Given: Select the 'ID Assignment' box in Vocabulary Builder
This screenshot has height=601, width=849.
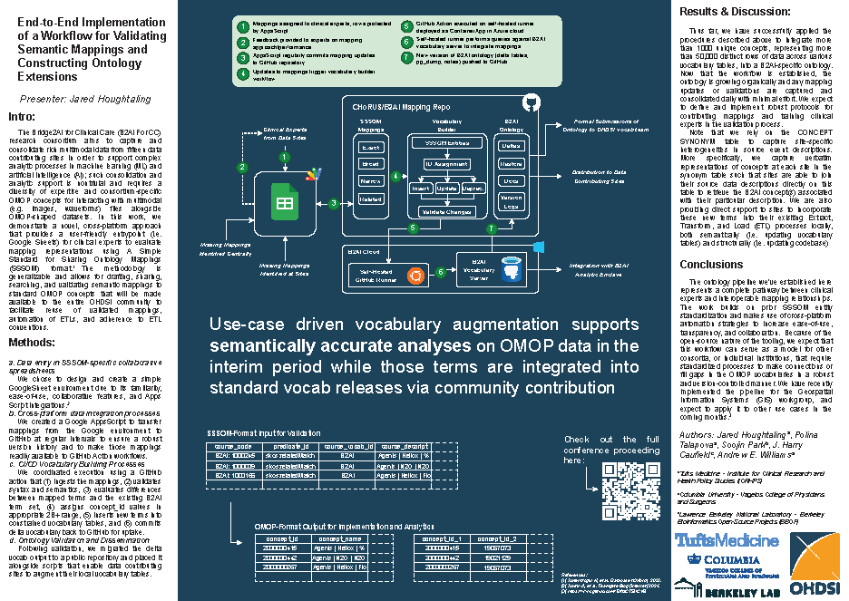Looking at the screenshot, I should pos(446,163).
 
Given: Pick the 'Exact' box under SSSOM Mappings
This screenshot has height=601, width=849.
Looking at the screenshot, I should pos(370,147).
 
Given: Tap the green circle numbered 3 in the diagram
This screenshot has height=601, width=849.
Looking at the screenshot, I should pos(334,204).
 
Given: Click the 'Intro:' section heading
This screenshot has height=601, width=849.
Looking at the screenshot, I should pos(21,117).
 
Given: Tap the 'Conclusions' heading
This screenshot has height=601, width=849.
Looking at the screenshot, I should pos(711,265).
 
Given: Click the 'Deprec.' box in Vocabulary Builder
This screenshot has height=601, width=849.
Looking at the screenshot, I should pos(473,188).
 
